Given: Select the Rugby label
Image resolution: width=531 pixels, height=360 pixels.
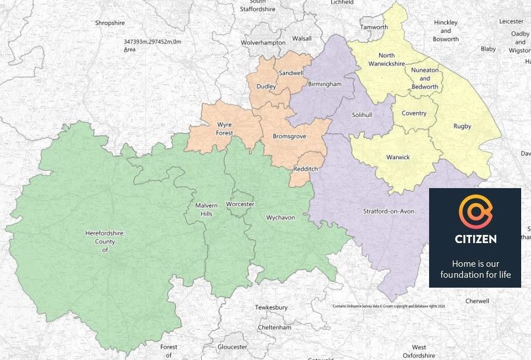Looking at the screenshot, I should (462, 126).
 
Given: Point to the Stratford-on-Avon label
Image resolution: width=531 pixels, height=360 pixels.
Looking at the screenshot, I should (389, 211).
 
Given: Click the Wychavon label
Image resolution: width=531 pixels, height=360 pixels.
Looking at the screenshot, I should (280, 218).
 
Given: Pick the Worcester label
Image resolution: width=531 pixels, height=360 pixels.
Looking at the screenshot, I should (240, 204).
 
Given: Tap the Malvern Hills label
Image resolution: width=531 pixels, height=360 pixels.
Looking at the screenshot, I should (206, 210).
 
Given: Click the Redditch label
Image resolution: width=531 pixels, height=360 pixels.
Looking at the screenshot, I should (305, 168).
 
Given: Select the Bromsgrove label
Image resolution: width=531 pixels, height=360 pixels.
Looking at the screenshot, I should (289, 137).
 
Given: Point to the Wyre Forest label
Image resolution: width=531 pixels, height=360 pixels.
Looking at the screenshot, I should (224, 128).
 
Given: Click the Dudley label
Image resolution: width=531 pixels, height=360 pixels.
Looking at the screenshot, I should (267, 87).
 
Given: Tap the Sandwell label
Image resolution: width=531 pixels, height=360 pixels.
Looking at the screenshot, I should (291, 74).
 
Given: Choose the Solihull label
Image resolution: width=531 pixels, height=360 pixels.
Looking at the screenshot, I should (362, 115).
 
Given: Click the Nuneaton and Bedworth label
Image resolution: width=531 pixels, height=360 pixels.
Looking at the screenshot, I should (424, 78).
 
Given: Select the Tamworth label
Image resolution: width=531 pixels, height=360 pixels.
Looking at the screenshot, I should (373, 27).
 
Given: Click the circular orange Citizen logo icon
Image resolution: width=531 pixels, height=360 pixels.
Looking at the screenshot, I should (475, 212).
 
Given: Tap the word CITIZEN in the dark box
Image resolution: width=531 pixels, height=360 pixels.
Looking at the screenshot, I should (475, 238).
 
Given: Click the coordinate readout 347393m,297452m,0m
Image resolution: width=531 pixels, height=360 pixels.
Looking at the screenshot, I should (152, 42).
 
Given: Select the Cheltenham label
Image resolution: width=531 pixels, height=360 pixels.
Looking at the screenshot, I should (274, 327).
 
